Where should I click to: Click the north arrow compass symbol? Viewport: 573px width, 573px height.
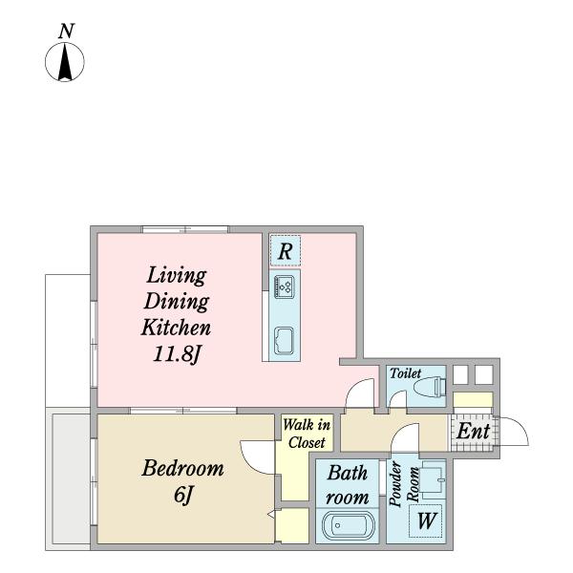coord(65,62)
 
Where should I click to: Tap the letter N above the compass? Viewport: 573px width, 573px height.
coord(67,32)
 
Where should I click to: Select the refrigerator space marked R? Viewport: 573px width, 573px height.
coord(285,250)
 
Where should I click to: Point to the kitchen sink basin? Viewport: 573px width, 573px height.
coord(285,341)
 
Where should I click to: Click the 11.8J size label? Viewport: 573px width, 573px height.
coord(177,354)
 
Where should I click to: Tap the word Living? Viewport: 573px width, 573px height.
coord(177,276)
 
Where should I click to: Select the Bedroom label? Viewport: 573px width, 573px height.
coord(182,468)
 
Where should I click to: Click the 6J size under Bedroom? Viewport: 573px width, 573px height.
coord(183,496)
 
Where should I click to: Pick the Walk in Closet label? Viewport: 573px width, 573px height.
coord(307,434)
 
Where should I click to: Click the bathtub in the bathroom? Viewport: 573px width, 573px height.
coord(349,525)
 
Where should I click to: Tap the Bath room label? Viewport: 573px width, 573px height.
coord(348,485)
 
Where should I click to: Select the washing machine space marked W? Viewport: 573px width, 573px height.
coord(426,520)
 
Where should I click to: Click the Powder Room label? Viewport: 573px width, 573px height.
coord(403,484)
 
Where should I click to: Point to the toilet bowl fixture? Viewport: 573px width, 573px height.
coord(433,387)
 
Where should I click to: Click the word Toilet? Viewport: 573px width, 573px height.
coord(405,373)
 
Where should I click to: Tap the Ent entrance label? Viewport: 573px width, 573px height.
coord(473,431)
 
